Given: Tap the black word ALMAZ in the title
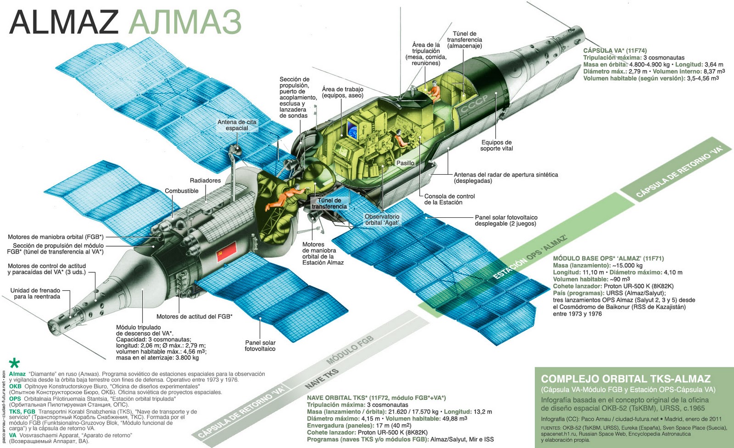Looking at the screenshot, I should (64, 22).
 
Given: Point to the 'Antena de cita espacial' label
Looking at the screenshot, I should (237, 125).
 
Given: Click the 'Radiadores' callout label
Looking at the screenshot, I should (205, 181).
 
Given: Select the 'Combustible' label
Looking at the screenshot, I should (182, 191).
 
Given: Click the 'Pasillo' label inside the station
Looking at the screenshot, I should (405, 163).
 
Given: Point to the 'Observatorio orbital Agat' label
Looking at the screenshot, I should (382, 220).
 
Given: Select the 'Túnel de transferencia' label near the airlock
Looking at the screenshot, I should (329, 204).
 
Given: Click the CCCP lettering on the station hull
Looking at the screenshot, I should (474, 104).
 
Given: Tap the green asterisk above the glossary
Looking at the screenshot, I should (15, 364).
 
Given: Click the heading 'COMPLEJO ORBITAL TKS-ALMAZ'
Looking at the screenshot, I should (626, 379).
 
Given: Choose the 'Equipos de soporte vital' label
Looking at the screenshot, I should (496, 145).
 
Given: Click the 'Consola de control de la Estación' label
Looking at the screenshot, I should (449, 199).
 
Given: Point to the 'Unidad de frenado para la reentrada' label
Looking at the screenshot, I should (35, 293).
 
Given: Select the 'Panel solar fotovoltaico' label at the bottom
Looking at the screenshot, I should (260, 346).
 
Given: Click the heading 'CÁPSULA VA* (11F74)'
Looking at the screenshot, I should (615, 51).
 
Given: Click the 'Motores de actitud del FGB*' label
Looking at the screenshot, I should (194, 316).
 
